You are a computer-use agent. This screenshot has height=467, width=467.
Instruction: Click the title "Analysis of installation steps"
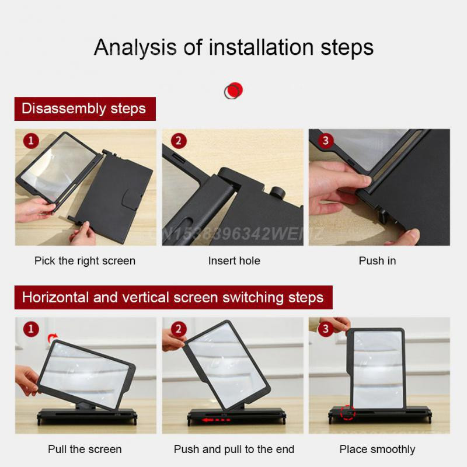coord(233,47)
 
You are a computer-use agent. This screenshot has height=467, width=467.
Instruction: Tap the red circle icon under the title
coord(233,90)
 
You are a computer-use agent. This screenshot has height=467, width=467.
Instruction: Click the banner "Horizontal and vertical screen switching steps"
coord(173,297)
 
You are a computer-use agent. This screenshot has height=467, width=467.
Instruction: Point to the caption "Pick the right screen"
coord(85,261)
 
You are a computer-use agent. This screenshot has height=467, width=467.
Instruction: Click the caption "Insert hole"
coord(233,261)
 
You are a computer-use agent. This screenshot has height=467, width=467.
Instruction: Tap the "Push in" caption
coord(377,261)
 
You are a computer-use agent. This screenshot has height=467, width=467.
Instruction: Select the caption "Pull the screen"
coord(85,449)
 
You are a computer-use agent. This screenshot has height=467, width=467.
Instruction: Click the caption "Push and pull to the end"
coord(233,449)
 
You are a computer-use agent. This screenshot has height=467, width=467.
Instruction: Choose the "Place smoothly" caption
coord(377,449)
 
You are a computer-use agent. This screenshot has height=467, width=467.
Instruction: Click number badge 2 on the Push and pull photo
coord(179,330)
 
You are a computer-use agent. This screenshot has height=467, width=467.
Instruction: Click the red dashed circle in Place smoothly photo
coord(347,413)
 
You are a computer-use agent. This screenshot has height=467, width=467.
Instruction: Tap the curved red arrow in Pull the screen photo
coord(53,337)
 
